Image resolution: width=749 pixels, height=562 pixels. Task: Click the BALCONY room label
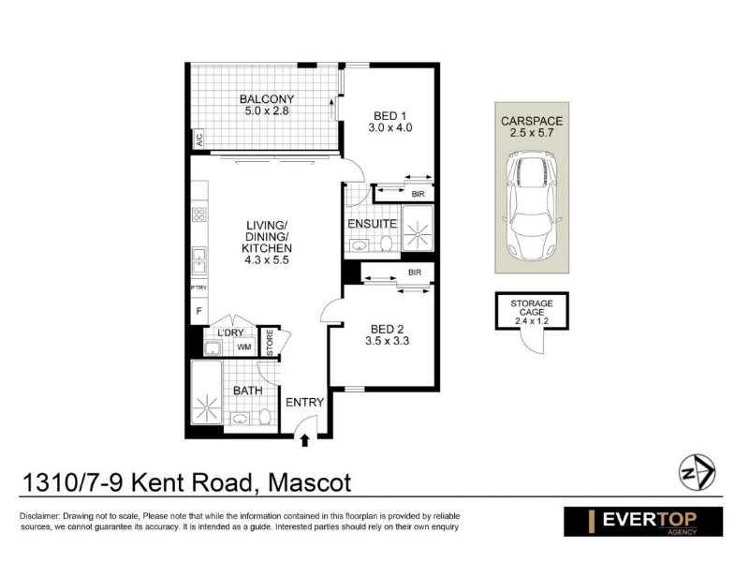[267, 99]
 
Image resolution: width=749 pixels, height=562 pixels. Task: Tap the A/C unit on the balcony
[198, 139]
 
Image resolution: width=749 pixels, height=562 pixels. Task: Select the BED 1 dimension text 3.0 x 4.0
[390, 127]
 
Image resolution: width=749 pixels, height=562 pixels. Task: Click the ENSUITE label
[372, 224]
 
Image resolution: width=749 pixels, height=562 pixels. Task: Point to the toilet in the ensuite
[387, 243]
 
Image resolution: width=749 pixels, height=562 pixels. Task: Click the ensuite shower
[418, 229]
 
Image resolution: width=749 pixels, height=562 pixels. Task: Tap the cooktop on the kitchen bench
[199, 214]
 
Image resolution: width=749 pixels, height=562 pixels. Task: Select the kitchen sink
[199, 260]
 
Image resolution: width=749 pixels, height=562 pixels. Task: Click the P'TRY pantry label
[198, 288]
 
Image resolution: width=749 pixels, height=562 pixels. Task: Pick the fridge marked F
[199, 311]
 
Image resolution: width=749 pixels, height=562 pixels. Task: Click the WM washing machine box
[244, 347]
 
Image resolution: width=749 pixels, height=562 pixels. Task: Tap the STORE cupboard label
[270, 342]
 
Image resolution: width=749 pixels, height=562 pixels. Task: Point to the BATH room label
[248, 391]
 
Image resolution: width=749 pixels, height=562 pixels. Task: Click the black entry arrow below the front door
[305, 440]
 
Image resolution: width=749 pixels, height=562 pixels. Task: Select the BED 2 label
[387, 329]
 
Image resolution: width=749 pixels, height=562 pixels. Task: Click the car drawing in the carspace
[532, 205]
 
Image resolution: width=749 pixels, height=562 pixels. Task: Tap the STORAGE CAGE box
[532, 311]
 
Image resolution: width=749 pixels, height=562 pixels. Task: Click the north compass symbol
[697, 472]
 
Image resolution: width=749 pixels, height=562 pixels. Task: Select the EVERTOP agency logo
[643, 522]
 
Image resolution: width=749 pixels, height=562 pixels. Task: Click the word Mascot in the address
[310, 482]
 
